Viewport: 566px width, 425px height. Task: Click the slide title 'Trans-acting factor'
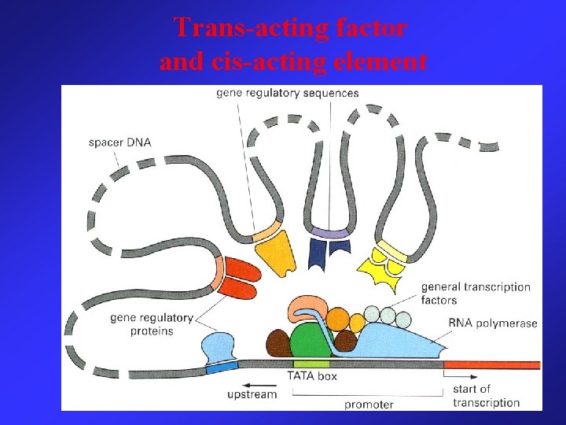[291, 28]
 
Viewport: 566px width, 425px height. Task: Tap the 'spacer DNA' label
[119, 142]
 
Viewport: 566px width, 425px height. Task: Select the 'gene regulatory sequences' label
[288, 93]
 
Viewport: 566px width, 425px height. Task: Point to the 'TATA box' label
[312, 376]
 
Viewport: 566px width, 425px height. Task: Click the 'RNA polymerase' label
[493, 323]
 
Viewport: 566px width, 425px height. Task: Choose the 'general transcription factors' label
[476, 294]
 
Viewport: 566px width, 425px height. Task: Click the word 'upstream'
[252, 394]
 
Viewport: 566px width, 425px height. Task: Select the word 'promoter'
[369, 404]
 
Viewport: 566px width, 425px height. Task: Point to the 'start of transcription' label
[486, 395]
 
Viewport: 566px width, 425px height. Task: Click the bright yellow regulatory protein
[381, 272]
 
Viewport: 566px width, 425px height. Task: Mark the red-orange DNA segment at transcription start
[491, 364]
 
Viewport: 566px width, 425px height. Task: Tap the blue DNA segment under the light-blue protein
[221, 367]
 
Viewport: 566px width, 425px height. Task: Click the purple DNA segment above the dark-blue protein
[329, 233]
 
